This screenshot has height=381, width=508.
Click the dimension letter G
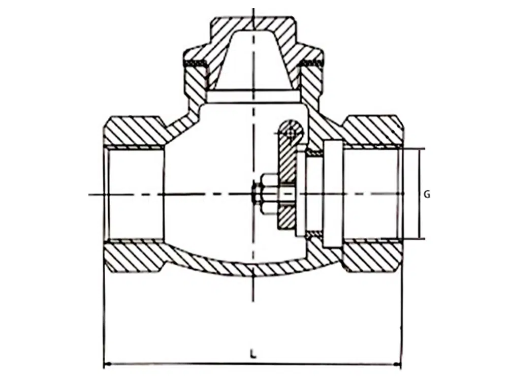427,195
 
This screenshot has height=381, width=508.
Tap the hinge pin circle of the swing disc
291,133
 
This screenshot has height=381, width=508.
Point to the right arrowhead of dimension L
398,364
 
